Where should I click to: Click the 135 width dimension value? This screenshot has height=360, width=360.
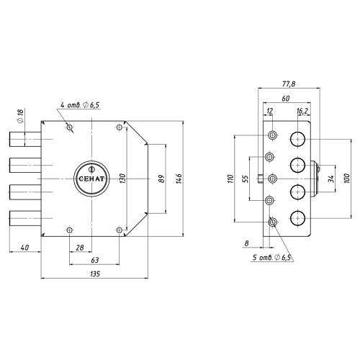pyautogui.click(x=95, y=274)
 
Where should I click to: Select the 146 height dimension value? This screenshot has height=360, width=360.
pyautogui.click(x=179, y=179)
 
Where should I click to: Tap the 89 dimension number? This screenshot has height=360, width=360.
pyautogui.click(x=162, y=179)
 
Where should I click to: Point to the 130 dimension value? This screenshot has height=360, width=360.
pyautogui.click(x=122, y=179)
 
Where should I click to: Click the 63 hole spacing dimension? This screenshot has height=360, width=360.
pyautogui.click(x=95, y=260)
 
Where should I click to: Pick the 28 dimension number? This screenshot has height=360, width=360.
pyautogui.click(x=80, y=247)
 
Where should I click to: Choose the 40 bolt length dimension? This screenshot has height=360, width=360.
pyautogui.click(x=25, y=247)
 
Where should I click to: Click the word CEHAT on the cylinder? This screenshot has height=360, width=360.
pyautogui.click(x=91, y=179)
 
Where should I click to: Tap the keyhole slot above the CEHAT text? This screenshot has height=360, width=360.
pyautogui.click(x=91, y=169)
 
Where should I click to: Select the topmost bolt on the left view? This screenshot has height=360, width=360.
pyautogui.click(x=25, y=139)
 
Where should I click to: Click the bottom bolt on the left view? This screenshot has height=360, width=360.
pyautogui.click(x=25, y=218)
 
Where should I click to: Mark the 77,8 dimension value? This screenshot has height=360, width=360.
pyautogui.click(x=289, y=84)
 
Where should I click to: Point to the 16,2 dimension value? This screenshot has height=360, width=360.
pyautogui.click(x=302, y=111)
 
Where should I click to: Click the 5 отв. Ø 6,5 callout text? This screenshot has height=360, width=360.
pyautogui.click(x=271, y=258)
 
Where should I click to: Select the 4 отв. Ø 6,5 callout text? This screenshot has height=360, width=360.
pyautogui.click(x=80, y=105)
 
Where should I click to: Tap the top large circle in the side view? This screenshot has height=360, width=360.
pyautogui.click(x=297, y=139)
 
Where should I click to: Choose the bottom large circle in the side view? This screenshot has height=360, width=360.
pyautogui.click(x=297, y=218)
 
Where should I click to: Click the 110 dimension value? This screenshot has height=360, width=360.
pyautogui.click(x=230, y=179)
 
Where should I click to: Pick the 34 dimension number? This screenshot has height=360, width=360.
pyautogui.click(x=331, y=179)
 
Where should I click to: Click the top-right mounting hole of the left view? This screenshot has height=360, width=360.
pyautogui.click(x=120, y=127)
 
